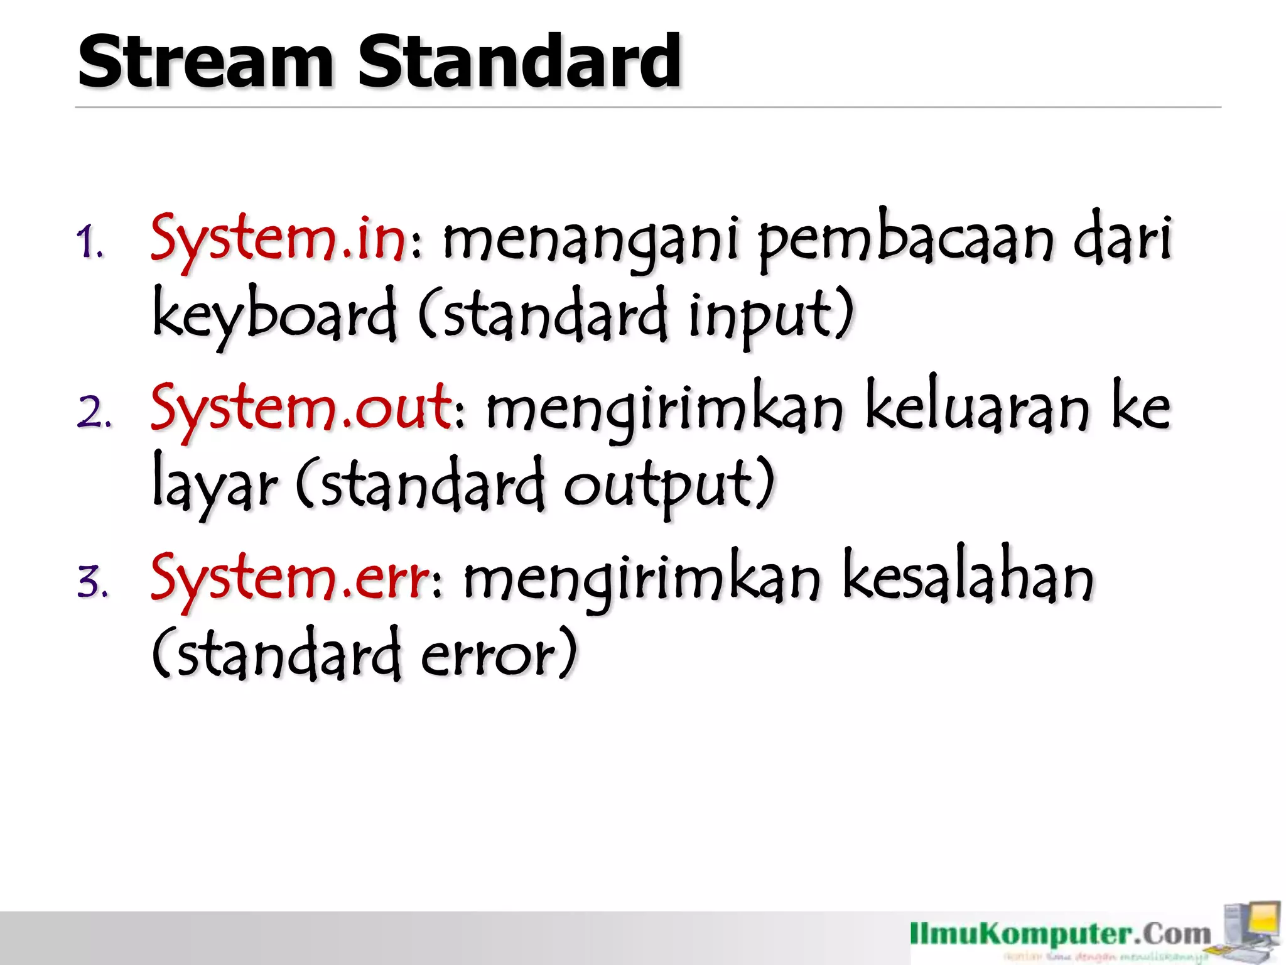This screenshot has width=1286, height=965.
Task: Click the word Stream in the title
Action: (x=205, y=63)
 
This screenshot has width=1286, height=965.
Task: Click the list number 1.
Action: (x=90, y=243)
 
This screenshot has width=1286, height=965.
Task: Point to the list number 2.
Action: (x=94, y=413)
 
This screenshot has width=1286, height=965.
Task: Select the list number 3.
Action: (x=93, y=582)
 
